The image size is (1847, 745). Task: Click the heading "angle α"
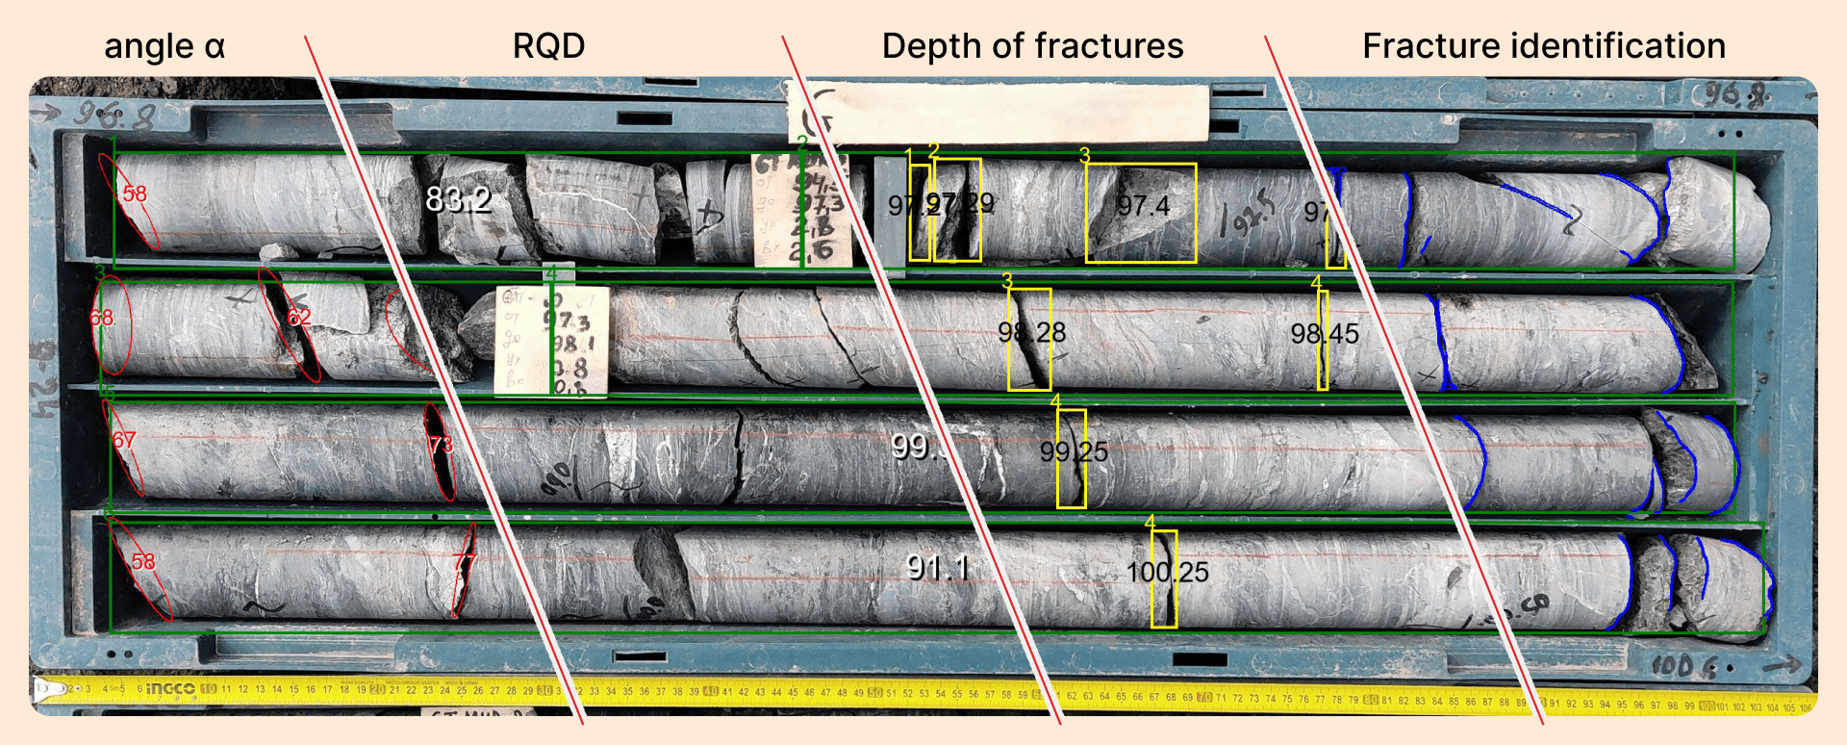click(164, 46)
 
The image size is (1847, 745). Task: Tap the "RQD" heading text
click(548, 46)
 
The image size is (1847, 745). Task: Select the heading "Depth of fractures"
click(1032, 46)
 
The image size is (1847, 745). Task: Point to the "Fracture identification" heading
click(1543, 46)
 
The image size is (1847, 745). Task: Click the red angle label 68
click(102, 318)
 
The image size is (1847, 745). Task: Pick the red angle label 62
click(299, 317)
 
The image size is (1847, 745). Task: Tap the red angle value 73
click(441, 445)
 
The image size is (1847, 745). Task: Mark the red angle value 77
click(465, 562)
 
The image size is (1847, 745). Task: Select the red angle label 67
click(124, 440)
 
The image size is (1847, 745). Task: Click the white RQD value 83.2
click(458, 199)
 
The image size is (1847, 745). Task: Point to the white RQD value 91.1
click(938, 568)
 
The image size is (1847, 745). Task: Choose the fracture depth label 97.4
click(1143, 205)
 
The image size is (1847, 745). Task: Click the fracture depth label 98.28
click(1031, 333)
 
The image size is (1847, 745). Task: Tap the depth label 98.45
click(1325, 334)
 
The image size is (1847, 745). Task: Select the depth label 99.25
click(1074, 451)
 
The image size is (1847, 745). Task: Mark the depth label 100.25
click(1167, 573)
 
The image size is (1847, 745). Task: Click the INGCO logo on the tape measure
click(169, 688)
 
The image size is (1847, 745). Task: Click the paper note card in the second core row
click(551, 341)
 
